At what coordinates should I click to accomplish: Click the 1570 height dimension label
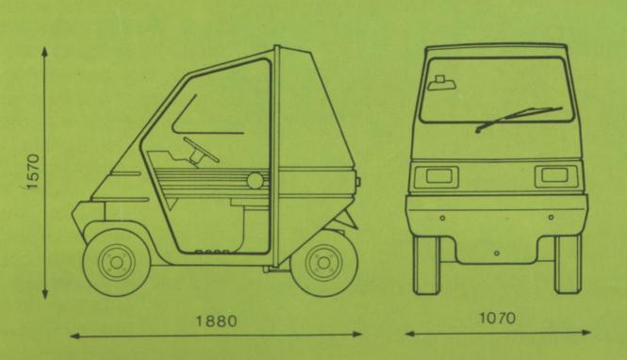(34, 171)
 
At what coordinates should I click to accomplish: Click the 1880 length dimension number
(216, 320)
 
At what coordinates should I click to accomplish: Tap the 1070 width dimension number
(498, 319)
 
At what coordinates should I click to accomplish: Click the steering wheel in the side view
(201, 151)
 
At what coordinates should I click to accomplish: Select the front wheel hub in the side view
(117, 263)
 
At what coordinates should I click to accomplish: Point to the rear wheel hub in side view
(324, 263)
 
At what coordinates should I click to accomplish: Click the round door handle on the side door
(255, 180)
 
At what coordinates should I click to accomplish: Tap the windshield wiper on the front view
(519, 119)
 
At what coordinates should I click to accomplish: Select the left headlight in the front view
(437, 176)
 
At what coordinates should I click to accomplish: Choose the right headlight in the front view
(556, 176)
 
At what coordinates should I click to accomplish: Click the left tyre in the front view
(426, 266)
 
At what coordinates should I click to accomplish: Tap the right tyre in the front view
(568, 264)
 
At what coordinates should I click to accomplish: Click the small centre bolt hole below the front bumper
(496, 254)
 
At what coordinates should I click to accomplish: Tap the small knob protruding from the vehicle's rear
(357, 182)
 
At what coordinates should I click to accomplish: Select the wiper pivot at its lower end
(478, 131)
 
